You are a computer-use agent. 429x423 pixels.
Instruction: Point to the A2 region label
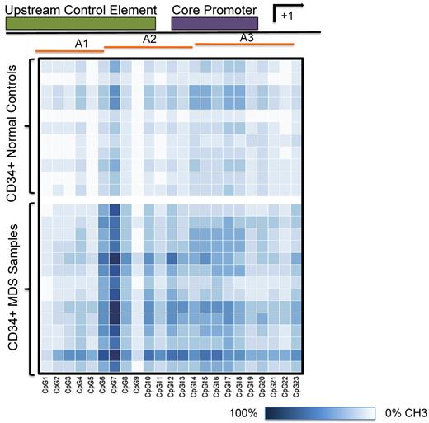[x=149, y=39]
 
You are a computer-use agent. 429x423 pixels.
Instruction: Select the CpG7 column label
[x=115, y=386]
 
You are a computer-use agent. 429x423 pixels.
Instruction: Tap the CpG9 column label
[x=137, y=386]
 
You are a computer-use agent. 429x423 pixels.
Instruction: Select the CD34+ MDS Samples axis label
[x=13, y=289]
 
